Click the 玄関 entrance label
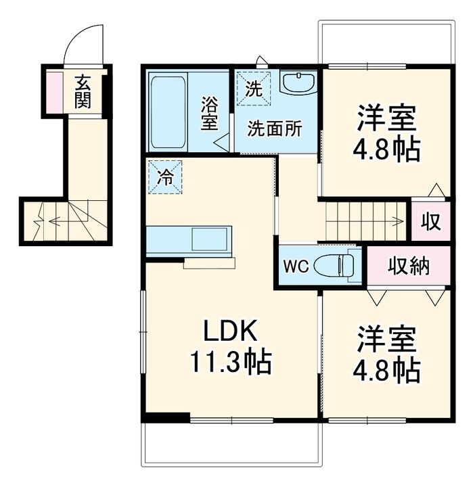(x=83, y=91)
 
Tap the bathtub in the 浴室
(x=168, y=112)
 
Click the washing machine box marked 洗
(x=254, y=88)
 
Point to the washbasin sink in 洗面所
(x=298, y=82)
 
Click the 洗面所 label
(x=274, y=129)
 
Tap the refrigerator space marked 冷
(x=165, y=177)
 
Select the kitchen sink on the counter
(x=210, y=239)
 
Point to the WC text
(x=296, y=266)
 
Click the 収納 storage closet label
(x=409, y=266)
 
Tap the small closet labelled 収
(x=431, y=221)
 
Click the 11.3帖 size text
(x=231, y=362)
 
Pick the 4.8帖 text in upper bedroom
(x=386, y=149)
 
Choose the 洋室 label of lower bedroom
(x=387, y=339)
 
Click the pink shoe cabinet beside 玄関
(x=55, y=92)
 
